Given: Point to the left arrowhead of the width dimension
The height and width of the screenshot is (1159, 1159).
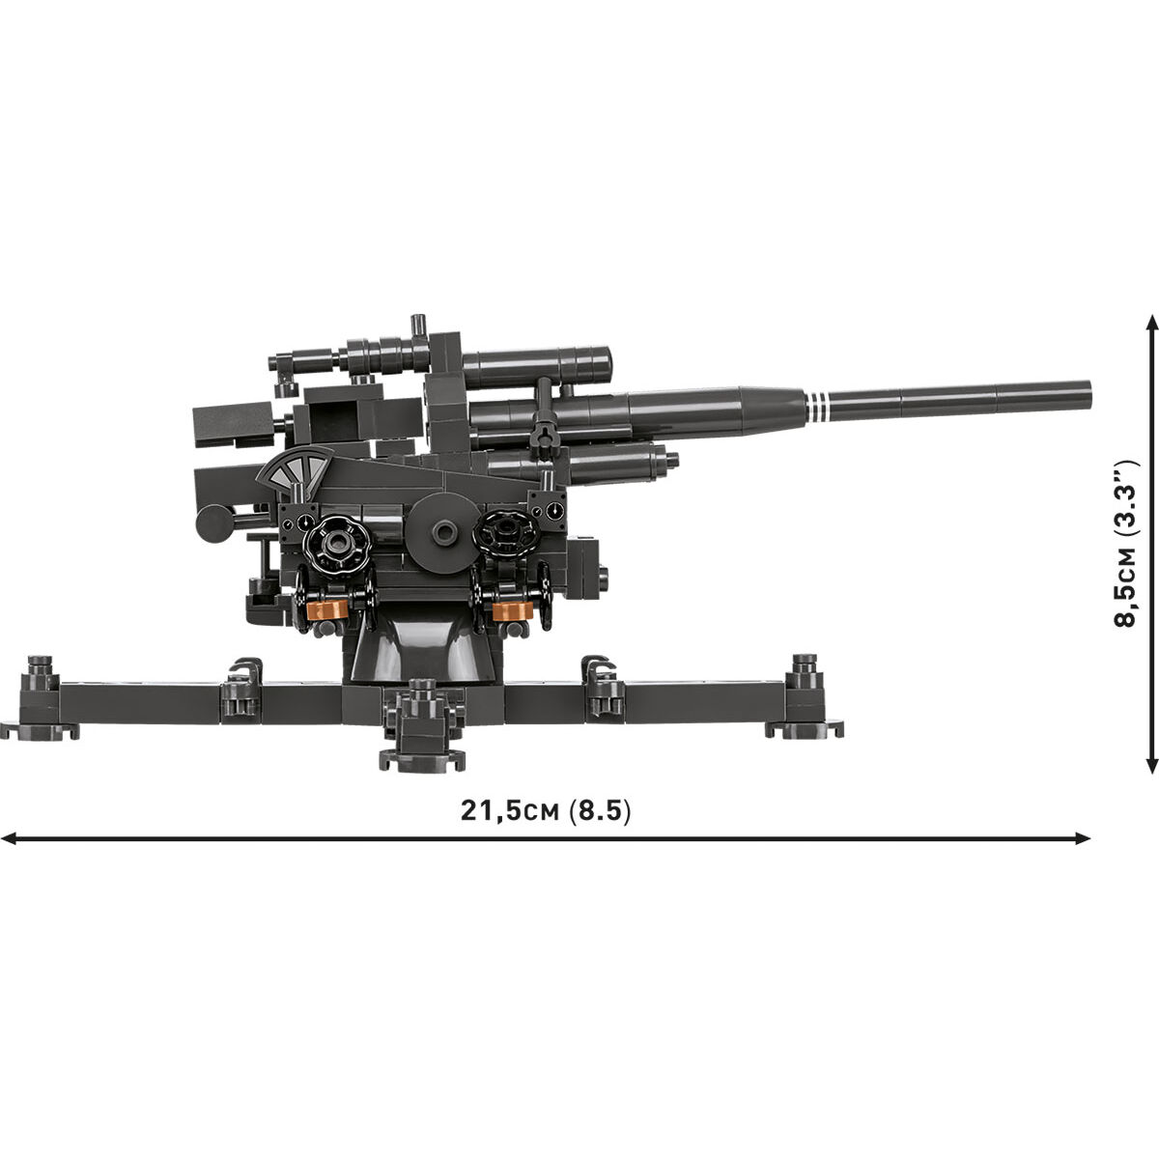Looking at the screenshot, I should (x=8, y=838).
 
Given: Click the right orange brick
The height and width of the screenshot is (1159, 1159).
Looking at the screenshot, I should (x=512, y=609).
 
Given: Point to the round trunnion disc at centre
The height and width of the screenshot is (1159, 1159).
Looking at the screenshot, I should (x=441, y=531).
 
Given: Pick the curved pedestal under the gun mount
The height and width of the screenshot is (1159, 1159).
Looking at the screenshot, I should (x=422, y=657).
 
